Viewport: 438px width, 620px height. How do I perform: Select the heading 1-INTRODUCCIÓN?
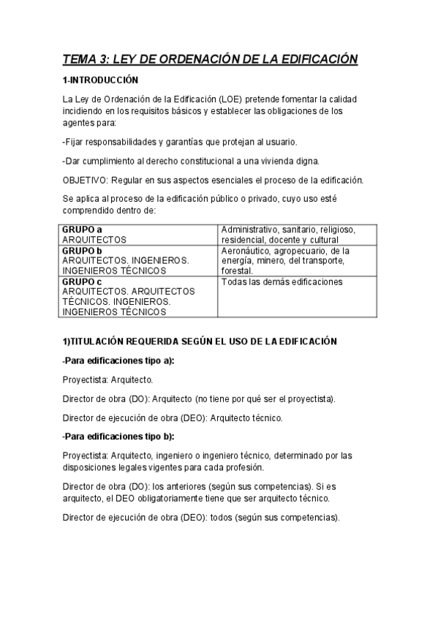pyautogui.click(x=100, y=80)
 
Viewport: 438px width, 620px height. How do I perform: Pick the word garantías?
pyautogui.click(x=181, y=142)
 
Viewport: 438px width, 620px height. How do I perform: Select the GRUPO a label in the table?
pyautogui.click(x=82, y=229)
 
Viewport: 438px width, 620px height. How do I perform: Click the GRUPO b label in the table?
pyautogui.click(x=82, y=249)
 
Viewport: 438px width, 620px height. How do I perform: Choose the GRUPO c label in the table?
pyautogui.click(x=82, y=281)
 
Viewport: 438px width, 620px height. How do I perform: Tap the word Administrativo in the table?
pyautogui.click(x=249, y=229)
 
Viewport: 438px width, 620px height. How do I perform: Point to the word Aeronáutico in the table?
pyautogui.click(x=246, y=249)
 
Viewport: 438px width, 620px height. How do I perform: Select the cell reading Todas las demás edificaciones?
pyautogui.click(x=282, y=281)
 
